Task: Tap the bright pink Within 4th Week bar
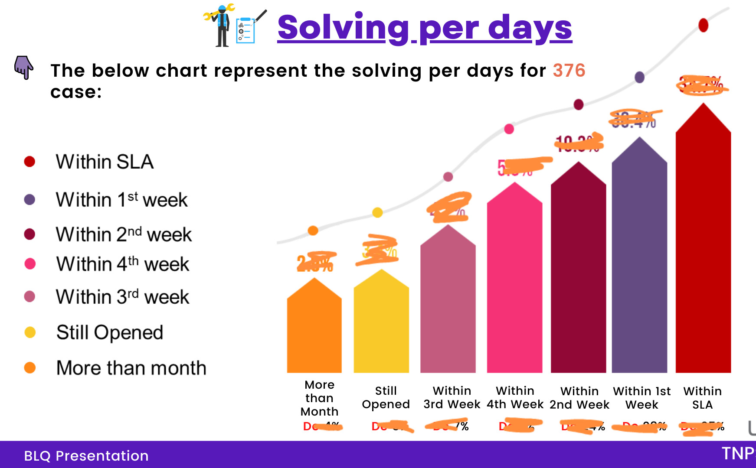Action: click(x=514, y=286)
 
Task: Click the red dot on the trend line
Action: click(x=703, y=25)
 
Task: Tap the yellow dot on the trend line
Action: click(x=377, y=212)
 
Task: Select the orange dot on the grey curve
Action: click(x=313, y=231)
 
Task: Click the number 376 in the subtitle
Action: click(x=569, y=71)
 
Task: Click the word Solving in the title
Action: click(x=343, y=28)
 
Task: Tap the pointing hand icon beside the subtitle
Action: click(x=24, y=67)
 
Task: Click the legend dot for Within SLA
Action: click(x=29, y=162)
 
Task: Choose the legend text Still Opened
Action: click(x=110, y=333)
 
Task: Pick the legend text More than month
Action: click(x=131, y=368)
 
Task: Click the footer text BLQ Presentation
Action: click(x=86, y=456)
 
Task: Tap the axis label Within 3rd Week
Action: click(x=452, y=397)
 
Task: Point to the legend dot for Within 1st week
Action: click(x=29, y=200)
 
